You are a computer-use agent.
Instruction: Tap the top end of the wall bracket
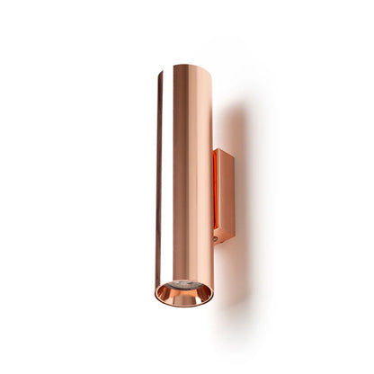point(223,150)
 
